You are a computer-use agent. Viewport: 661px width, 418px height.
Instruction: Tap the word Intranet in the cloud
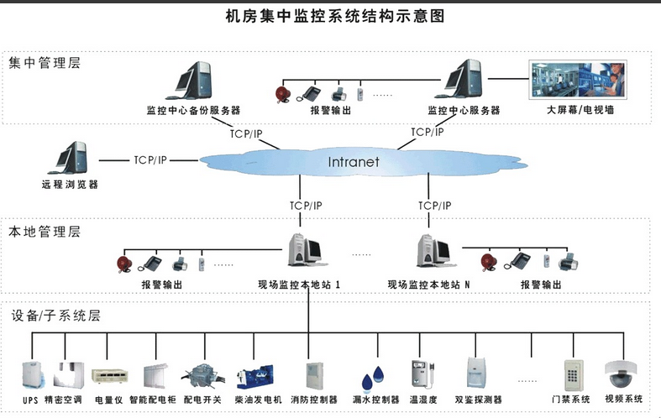(x=354, y=161)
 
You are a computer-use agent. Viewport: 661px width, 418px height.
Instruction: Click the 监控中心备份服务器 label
(x=193, y=110)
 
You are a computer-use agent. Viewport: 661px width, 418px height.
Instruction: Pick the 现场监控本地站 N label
(x=428, y=285)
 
